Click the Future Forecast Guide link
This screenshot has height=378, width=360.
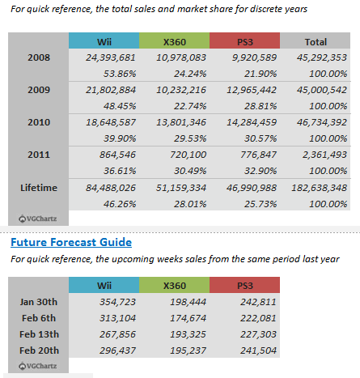click(71, 242)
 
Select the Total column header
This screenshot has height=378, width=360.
click(316, 41)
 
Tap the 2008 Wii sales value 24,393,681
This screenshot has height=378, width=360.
click(111, 57)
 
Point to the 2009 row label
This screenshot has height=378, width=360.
click(39, 90)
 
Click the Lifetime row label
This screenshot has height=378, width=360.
click(39, 188)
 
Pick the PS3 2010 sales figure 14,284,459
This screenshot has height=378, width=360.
click(252, 122)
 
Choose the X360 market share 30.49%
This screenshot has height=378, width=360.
click(190, 171)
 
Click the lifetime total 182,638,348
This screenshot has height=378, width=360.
click(319, 188)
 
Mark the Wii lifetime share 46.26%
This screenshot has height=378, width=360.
click(120, 204)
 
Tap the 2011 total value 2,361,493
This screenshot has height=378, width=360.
click(324, 155)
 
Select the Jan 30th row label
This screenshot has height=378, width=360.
click(39, 302)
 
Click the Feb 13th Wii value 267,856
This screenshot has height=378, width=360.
click(117, 334)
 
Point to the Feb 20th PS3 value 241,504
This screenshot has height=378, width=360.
click(258, 350)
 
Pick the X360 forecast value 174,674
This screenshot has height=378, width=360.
click(188, 318)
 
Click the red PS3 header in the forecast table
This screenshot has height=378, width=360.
click(244, 285)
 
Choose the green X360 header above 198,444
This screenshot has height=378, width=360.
click(175, 285)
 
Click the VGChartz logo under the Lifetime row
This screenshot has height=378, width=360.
click(38, 219)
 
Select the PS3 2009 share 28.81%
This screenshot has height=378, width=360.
click(260, 106)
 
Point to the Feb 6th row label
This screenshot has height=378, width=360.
click(39, 318)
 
